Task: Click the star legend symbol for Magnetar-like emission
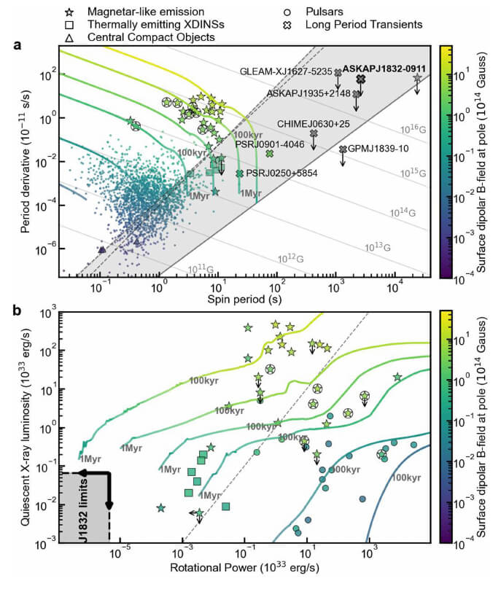(70, 12)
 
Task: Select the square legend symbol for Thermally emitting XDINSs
(70, 24)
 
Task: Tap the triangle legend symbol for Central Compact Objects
(70, 36)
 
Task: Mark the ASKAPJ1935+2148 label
(308, 93)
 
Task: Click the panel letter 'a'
(16, 45)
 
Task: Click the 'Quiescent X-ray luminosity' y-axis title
(27, 426)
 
